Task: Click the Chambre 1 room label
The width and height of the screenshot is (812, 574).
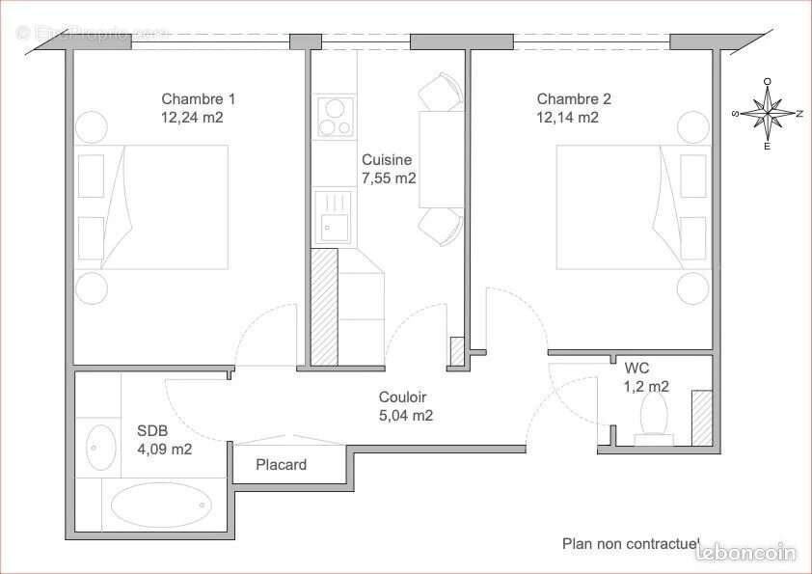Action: pyautogui.click(x=198, y=98)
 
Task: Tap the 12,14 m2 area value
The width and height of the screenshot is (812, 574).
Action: pyautogui.click(x=568, y=118)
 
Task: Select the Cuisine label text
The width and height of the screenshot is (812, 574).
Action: pyautogui.click(x=387, y=160)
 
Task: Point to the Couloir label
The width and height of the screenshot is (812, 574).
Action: pyautogui.click(x=402, y=397)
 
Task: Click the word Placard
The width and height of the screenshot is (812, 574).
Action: pyautogui.click(x=281, y=465)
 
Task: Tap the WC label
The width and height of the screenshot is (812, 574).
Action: pyautogui.click(x=636, y=368)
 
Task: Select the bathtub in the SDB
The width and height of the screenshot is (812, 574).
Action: pyautogui.click(x=161, y=504)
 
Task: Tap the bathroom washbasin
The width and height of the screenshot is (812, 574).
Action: pyautogui.click(x=99, y=447)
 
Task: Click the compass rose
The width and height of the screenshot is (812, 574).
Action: pyautogui.click(x=767, y=114)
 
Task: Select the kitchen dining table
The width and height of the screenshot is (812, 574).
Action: pyautogui.click(x=430, y=159)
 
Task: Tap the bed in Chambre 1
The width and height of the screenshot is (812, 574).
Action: pyautogui.click(x=164, y=206)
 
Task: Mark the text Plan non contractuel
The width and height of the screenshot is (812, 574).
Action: pyautogui.click(x=631, y=544)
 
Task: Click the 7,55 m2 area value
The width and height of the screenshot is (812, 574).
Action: pyautogui.click(x=389, y=178)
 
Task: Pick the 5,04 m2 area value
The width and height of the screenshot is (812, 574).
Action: pyautogui.click(x=405, y=416)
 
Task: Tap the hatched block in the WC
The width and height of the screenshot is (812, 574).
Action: pyautogui.click(x=701, y=418)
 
